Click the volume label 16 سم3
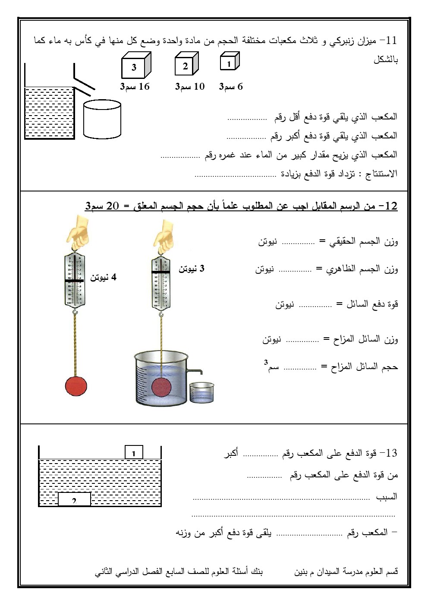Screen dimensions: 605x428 pos(135,87)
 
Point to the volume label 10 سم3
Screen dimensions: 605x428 pos(189,87)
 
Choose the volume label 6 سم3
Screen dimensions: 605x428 pos(231,87)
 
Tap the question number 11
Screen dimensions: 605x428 pos(391,41)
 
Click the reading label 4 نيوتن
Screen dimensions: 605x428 pos(104,278)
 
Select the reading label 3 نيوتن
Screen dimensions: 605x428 pos(192,269)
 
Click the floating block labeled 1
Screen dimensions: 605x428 pos(134,453)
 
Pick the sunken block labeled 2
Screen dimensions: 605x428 pos(74,499)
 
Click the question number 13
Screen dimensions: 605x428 pos(390,453)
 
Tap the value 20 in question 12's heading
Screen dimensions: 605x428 pos(112,206)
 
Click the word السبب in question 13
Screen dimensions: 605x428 pos(387,497)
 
